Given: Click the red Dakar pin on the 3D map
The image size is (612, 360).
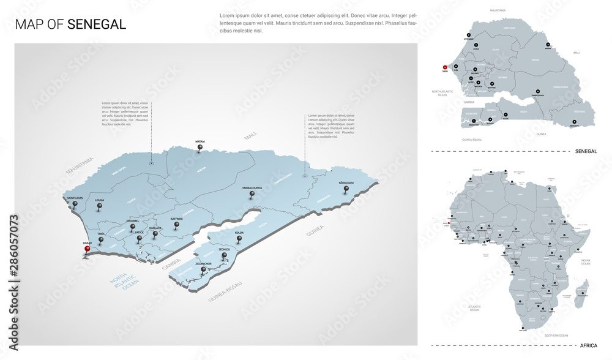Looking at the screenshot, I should (x=88, y=249).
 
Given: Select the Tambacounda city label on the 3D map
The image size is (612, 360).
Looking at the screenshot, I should (x=252, y=188).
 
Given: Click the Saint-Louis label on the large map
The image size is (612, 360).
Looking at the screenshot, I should (x=75, y=198).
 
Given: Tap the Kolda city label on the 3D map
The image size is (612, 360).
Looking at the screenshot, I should (x=239, y=233).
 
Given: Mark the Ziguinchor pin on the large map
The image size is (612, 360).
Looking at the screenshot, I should (x=203, y=270).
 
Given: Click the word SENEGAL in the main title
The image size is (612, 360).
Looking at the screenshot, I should (x=97, y=24).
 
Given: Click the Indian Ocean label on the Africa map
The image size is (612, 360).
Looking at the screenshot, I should (x=585, y=262).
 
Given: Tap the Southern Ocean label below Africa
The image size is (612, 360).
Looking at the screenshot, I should (x=556, y=336).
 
